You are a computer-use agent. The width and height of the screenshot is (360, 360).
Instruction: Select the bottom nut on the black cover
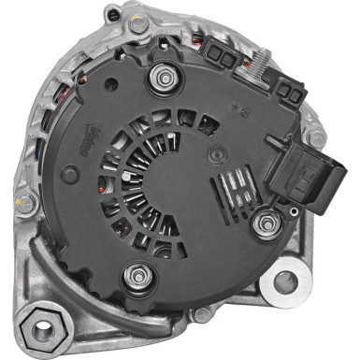point(141,274)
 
